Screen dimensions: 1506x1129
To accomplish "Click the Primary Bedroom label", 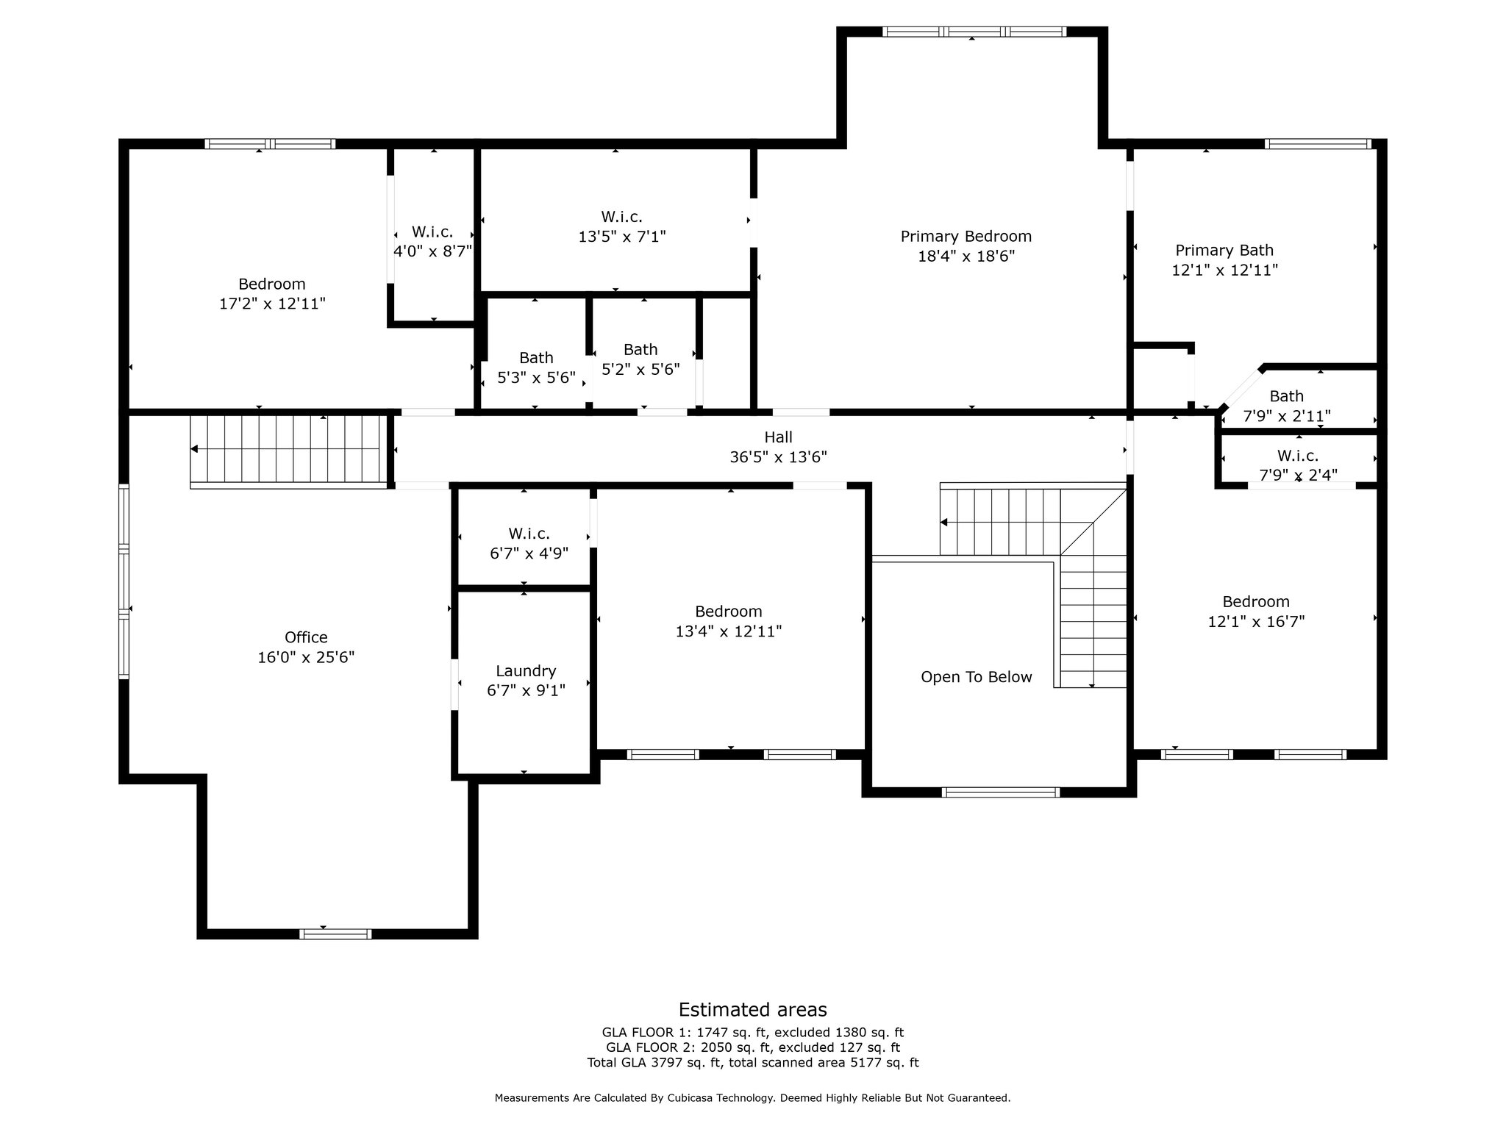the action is tap(966, 237).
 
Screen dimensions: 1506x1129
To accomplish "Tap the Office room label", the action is tap(306, 637).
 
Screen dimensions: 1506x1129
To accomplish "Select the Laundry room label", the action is tap(526, 671).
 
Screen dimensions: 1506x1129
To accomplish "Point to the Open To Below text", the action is tap(976, 677).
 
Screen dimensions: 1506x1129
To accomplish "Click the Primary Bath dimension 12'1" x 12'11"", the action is tap(1224, 270).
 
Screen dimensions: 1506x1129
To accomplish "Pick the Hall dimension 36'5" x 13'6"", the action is tap(778, 457).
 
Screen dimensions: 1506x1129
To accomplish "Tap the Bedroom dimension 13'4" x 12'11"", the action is tap(728, 631).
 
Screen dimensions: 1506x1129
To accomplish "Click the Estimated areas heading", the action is tap(752, 1009).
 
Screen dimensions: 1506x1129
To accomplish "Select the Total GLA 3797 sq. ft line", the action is tap(752, 1063).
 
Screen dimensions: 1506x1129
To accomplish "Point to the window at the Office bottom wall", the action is tap(335, 934).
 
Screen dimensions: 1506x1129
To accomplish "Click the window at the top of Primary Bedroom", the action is tap(974, 32).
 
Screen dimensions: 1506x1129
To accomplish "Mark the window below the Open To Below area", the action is tap(1000, 792).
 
